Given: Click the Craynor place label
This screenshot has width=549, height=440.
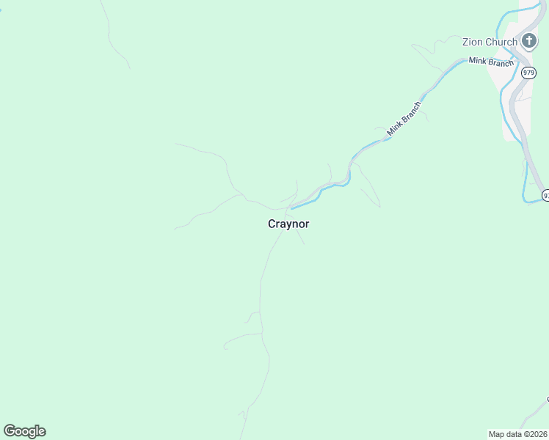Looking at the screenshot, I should point(288,224).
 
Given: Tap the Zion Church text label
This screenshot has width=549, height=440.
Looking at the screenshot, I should point(490,42).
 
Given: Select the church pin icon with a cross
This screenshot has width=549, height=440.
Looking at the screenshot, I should point(528,40).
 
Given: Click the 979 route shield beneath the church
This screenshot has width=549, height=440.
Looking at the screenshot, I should point(528,73).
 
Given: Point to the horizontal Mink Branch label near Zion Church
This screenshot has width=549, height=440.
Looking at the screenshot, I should point(491,62).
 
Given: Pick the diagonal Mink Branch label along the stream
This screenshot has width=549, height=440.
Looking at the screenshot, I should point(405,117).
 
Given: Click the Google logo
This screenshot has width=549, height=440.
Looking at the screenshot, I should point(24,431).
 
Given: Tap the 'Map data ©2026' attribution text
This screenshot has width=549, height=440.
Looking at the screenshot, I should point(518,434).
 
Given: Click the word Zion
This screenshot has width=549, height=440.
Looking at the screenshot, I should point(473,42).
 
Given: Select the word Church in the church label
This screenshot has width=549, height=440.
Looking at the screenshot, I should point(501,42).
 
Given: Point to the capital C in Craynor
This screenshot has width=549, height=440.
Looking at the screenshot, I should point(272,224).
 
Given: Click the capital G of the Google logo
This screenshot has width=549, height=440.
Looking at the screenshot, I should point(10,430).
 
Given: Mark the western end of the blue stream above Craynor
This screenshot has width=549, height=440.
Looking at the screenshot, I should point(292,208).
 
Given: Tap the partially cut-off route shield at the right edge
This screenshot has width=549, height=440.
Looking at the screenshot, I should point(545,194).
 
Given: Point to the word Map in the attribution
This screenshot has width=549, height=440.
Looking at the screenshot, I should point(497,434).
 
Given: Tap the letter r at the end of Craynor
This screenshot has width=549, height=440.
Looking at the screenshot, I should point(307,224).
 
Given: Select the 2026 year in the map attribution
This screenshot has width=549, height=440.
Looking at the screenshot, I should point(538,434).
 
